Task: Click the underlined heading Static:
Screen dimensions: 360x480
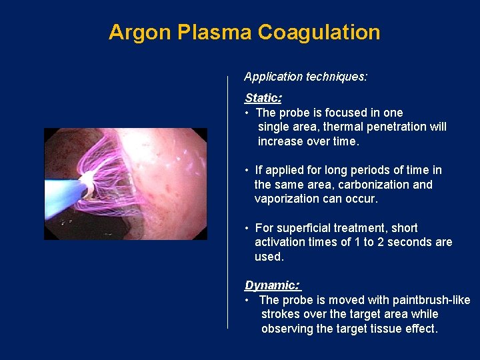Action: point(263,98)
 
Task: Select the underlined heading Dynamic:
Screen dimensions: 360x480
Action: point(273,285)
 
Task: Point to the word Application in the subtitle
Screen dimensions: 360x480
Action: point(273,77)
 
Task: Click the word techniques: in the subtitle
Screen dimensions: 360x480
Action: point(336,77)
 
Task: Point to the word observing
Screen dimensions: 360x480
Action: point(287,329)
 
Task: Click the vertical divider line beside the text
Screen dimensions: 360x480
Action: point(228,200)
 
